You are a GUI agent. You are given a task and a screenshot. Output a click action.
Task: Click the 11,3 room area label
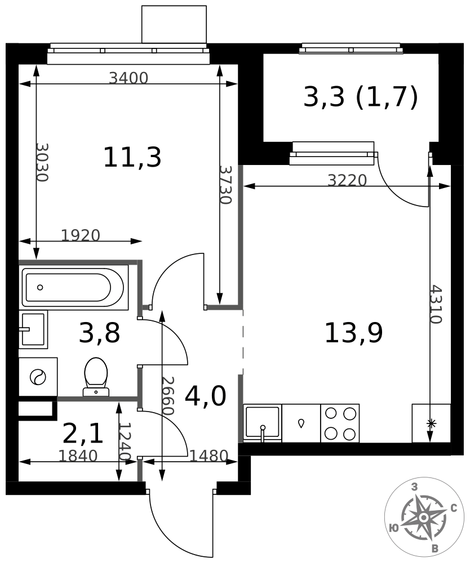tap(132, 158)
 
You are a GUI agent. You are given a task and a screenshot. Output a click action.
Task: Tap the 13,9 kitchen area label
tap(353, 333)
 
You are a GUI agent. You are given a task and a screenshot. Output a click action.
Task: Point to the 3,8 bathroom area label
tap(99, 333)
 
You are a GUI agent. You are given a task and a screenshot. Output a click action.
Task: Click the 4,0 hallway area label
tap(206, 395)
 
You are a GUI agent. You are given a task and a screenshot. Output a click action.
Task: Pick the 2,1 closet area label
tap(83, 434)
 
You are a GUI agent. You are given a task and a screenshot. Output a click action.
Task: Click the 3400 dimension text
tap(128, 78)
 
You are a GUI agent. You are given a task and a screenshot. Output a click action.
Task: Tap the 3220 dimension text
tap(347, 180)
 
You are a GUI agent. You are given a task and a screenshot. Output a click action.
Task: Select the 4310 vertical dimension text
tap(436, 305)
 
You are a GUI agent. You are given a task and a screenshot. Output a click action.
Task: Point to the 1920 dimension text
tap(81, 235)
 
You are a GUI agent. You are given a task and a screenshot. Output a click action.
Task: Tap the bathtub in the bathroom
tap(75, 288)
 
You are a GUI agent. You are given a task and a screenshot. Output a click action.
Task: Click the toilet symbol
tap(96, 377)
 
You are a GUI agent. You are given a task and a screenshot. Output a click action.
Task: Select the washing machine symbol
tap(38, 377)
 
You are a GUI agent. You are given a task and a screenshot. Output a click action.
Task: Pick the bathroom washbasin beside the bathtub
tap(33, 329)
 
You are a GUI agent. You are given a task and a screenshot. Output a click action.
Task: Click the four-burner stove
tap(340, 423)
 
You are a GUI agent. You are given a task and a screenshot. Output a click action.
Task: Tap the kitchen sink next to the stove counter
tap(263, 423)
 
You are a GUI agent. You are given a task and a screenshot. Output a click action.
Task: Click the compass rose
tap(423, 517)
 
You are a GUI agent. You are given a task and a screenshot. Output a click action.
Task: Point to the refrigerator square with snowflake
tap(431, 423)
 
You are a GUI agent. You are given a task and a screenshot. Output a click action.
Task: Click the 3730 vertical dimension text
tap(225, 185)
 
